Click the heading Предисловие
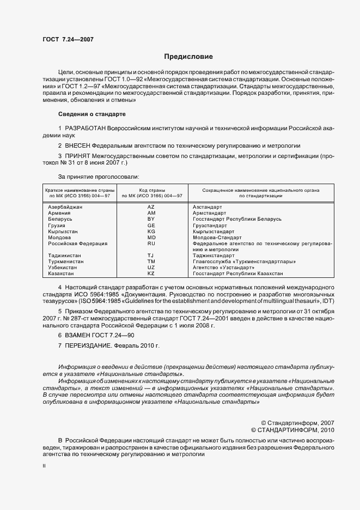[x=188, y=57]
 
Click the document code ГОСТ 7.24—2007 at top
[x=64, y=40]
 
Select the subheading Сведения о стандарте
[x=92, y=114]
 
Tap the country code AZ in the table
[x=151, y=207]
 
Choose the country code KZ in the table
[x=151, y=274]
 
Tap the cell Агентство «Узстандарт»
[x=224, y=268]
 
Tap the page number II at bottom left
[x=44, y=466]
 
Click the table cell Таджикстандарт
[x=213, y=256]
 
